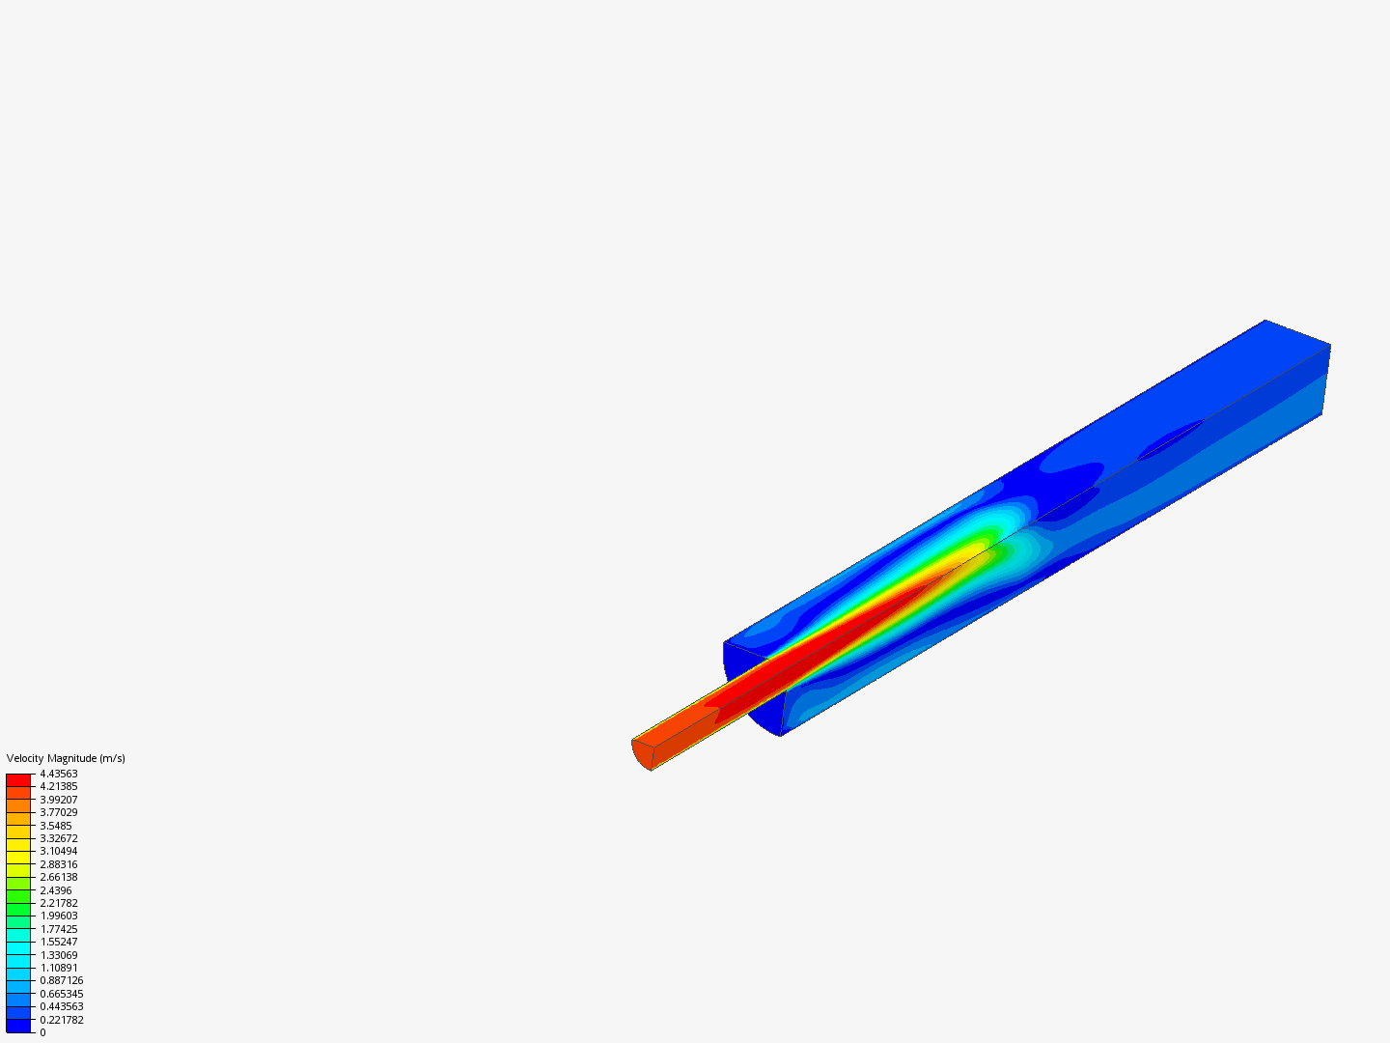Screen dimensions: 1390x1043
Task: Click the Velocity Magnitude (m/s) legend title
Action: point(66,758)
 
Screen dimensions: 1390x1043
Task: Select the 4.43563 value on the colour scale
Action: point(58,774)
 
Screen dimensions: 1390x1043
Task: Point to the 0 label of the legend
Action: point(42,1032)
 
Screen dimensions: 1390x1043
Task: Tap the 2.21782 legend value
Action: point(58,902)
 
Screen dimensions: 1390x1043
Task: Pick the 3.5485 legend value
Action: point(56,825)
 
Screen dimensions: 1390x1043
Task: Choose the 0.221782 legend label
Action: point(62,1020)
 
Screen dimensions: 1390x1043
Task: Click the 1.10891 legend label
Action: point(58,968)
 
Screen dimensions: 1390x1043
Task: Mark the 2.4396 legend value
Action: point(56,889)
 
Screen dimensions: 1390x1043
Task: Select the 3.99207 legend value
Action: point(58,800)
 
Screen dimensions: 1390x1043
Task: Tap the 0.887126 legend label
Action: point(62,980)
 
